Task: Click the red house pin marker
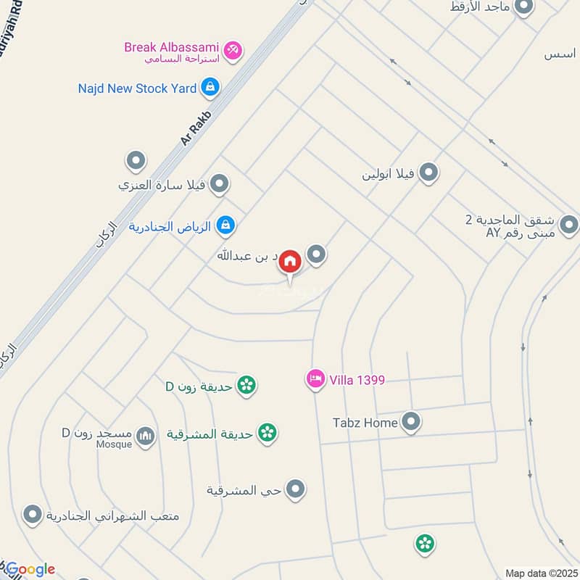coord(290,262)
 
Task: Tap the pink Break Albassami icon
coord(233,50)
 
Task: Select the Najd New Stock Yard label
coord(138,88)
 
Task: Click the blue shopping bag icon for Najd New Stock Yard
coord(210,88)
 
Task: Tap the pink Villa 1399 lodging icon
coord(315,379)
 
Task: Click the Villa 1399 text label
coord(357,379)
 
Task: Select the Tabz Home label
coord(365,422)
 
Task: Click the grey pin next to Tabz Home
coord(412,421)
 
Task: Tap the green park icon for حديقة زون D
coord(246,385)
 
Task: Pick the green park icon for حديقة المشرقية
coord(268,433)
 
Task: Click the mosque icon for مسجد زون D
coord(146,434)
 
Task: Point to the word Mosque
coord(115,444)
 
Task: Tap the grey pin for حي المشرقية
coord(295,490)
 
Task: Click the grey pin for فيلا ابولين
coord(429,173)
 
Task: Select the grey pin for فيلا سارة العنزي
coord(218,184)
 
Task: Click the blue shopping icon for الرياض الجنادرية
coord(226,225)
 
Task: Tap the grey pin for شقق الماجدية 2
coord(569,225)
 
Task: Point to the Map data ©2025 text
coord(540,573)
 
